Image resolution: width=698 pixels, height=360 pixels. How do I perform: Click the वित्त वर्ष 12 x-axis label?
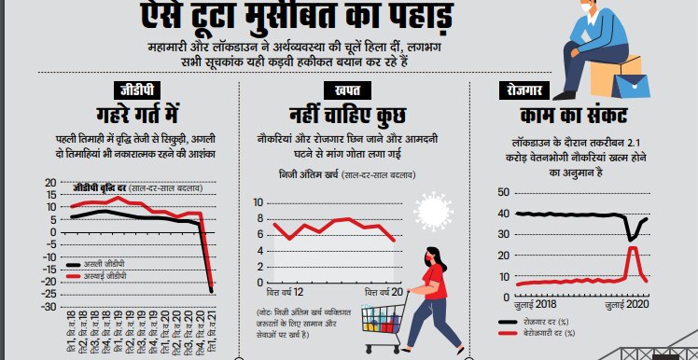pos(278,293)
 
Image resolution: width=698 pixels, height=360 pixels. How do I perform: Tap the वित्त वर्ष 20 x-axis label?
pos(385,293)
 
